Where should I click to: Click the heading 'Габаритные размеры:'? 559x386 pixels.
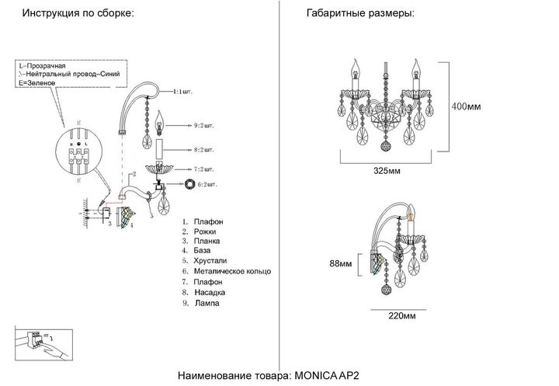[x=360, y=15]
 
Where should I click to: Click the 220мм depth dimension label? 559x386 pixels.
[x=401, y=316]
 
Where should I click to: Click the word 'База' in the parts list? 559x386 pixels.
[x=201, y=251]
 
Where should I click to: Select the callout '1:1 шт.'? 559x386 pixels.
[x=184, y=91]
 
